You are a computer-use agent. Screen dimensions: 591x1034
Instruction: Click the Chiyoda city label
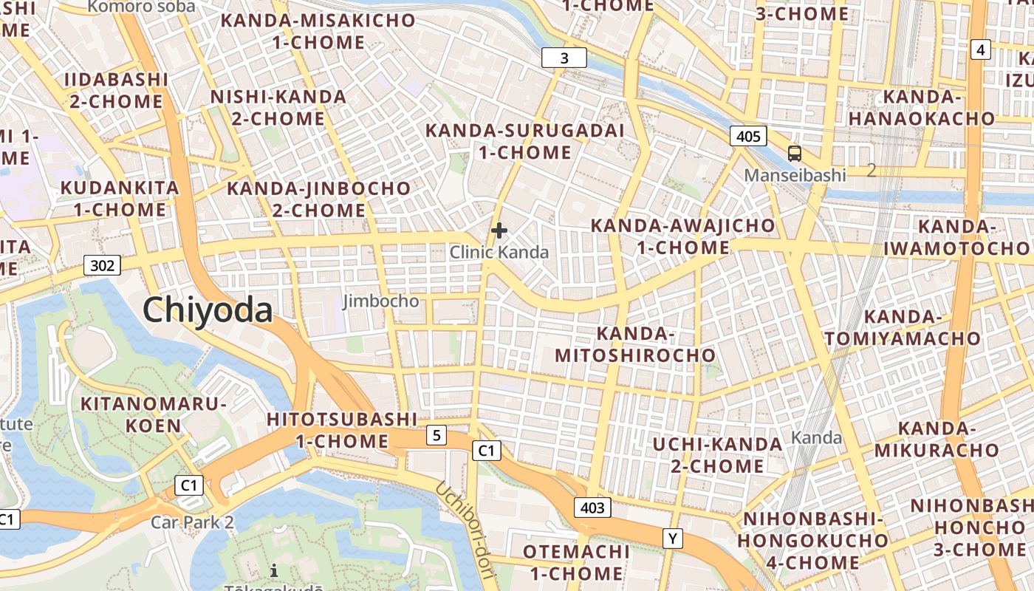coord(208,310)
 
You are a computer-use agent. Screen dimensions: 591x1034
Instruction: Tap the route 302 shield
coord(102,265)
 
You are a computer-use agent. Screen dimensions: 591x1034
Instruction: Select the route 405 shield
coord(748,136)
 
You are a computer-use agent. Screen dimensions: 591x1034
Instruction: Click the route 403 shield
coord(592,508)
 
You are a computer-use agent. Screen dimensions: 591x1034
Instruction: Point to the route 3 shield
coord(564,58)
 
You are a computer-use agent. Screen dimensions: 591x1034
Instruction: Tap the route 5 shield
coord(436,436)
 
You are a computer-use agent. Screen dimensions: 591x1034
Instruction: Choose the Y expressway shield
coord(672,539)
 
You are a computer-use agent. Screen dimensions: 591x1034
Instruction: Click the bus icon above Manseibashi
coord(794,154)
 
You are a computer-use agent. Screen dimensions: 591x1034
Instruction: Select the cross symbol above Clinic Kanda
coord(499,230)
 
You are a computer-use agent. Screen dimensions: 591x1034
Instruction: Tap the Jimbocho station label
coord(381,301)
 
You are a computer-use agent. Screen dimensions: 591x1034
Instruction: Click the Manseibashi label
coord(795,175)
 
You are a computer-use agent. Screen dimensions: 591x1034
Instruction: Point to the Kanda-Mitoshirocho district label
coord(635,345)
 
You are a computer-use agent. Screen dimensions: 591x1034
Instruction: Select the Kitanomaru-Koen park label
coord(153,414)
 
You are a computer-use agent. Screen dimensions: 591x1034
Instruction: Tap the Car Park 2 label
coord(192,522)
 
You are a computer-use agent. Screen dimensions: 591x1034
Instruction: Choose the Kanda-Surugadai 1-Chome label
coord(525,142)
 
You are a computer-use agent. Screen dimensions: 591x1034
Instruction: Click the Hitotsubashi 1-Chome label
coord(342,431)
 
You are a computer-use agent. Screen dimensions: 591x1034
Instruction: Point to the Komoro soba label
coord(142,7)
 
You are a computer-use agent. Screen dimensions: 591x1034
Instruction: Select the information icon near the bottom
coord(274,570)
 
